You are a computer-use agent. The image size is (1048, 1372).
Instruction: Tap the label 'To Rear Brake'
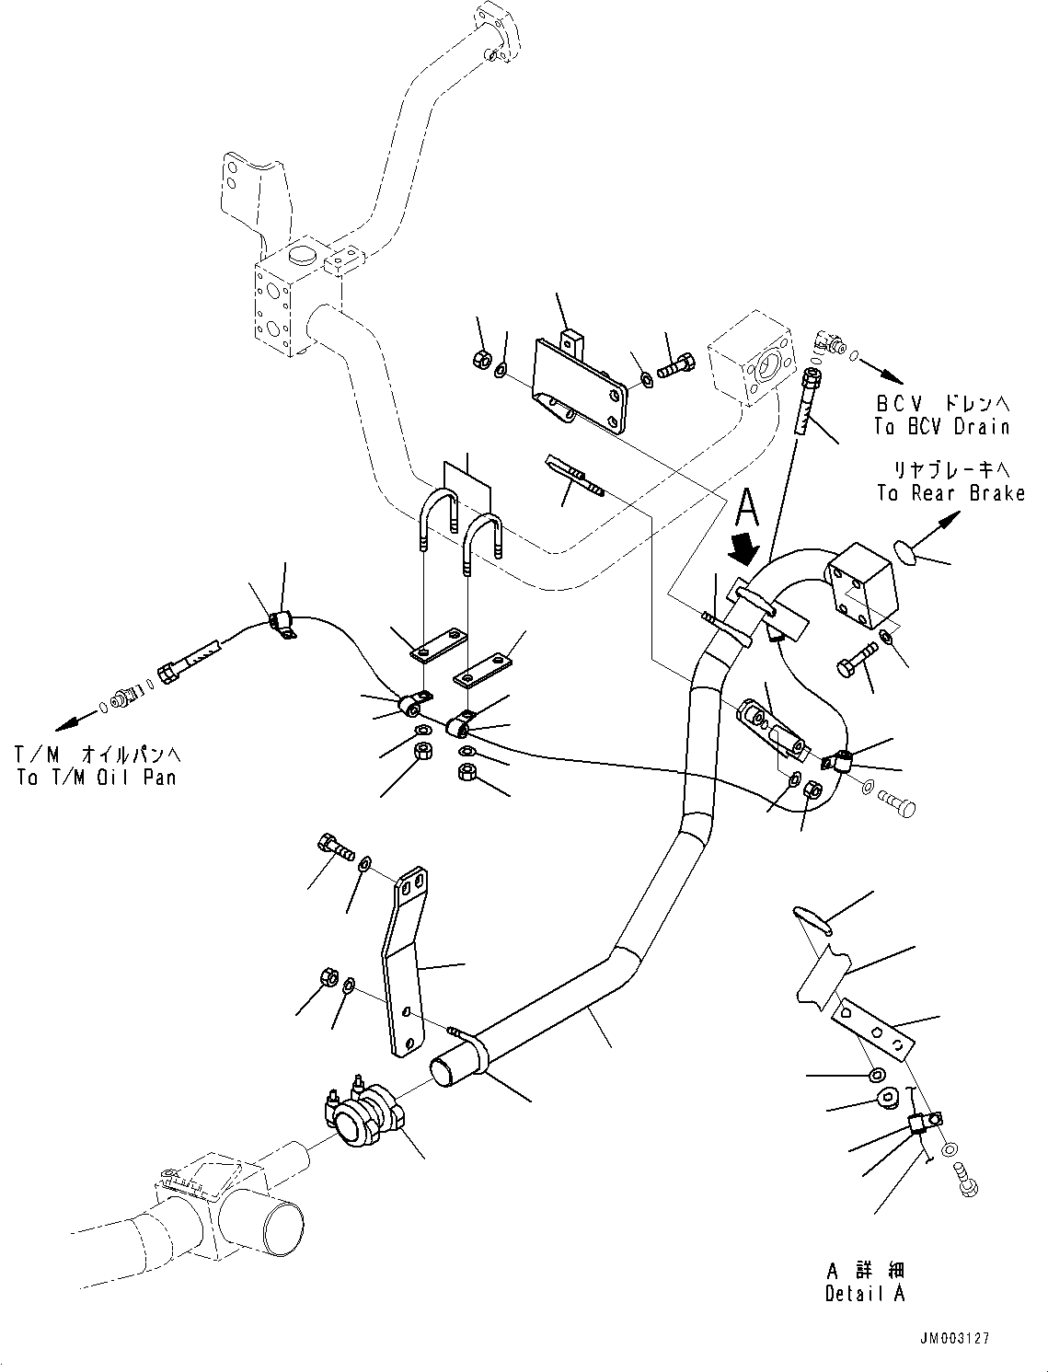click(x=950, y=493)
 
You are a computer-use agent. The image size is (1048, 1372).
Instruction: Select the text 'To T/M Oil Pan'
click(x=96, y=777)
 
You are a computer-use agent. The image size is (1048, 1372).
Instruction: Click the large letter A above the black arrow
click(x=748, y=506)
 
